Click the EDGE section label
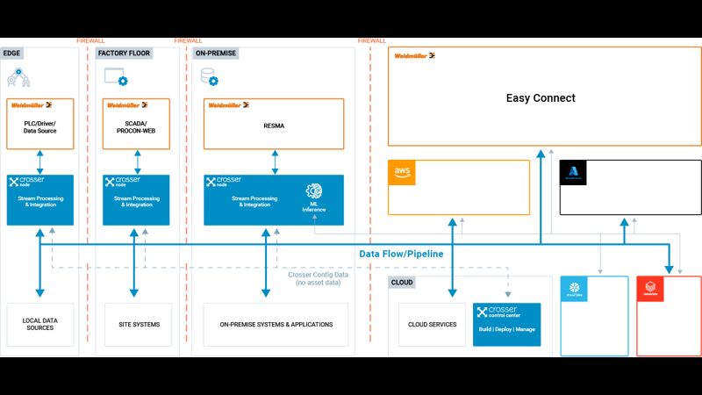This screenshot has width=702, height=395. tap(13, 54)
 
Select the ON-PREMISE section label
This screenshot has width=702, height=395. tap(216, 54)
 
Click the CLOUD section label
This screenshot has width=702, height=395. tap(404, 283)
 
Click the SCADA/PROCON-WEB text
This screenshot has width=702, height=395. tap(136, 126)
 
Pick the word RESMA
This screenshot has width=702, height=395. tap(274, 126)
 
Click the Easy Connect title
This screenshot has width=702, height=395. tap(541, 98)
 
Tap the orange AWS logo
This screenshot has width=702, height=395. tap(403, 172)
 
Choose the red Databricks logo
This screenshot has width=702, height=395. tap(651, 290)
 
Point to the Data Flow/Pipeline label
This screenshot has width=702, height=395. tap(401, 254)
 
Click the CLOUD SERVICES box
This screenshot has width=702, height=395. tap(433, 325)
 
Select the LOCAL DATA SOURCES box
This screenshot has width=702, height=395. tap(39, 325)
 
